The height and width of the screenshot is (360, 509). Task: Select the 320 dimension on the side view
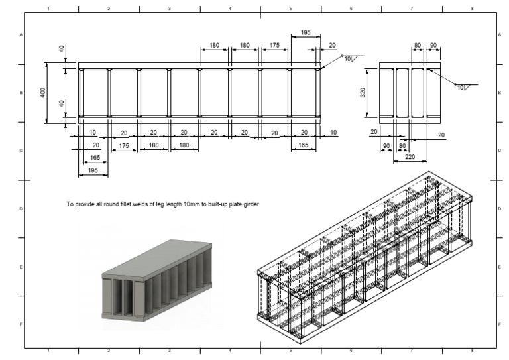pos(363,92)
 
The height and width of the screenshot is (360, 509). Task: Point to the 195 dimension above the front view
pos(305,32)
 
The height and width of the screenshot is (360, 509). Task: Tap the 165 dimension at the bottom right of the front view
pos(303,145)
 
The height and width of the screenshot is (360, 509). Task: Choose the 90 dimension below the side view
pos(385,145)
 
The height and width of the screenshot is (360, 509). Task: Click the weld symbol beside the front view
pos(349,59)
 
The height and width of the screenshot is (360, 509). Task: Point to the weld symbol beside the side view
pos(461,87)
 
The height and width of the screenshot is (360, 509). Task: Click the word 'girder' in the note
pos(249,204)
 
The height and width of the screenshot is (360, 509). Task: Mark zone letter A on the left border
pos(22,34)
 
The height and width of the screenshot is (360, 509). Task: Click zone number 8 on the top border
pos(472,9)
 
